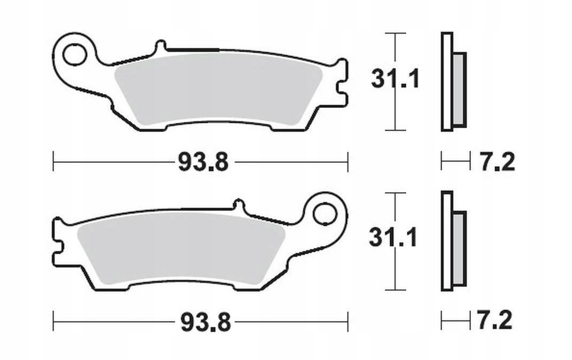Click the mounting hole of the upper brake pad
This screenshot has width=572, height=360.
[74, 55]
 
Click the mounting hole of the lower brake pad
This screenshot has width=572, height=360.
[324, 214]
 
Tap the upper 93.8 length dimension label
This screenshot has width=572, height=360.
[203, 162]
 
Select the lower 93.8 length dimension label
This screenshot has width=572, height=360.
[205, 322]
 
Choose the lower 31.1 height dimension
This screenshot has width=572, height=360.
[393, 238]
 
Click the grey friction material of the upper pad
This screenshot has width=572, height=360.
[218, 90]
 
